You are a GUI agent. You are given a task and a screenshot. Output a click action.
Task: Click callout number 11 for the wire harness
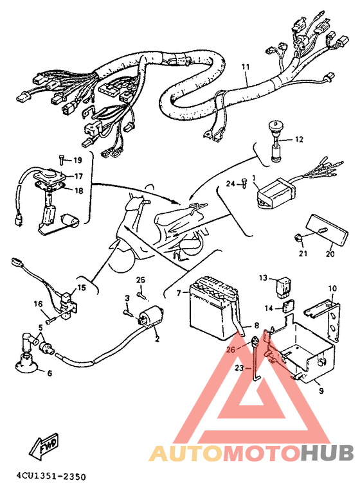(x=246, y=67)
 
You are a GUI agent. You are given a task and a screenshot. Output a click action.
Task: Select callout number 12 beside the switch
(x=299, y=139)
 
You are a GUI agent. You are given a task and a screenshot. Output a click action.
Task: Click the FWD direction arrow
(x=44, y=445)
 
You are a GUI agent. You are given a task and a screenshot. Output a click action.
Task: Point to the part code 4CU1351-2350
(x=51, y=477)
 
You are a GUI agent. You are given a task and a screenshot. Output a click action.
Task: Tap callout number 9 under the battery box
(x=321, y=391)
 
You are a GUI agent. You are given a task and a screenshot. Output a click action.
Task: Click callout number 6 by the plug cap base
(x=49, y=373)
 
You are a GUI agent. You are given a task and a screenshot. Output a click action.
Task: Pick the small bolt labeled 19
(x=62, y=159)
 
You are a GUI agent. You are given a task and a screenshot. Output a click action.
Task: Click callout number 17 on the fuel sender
(x=78, y=176)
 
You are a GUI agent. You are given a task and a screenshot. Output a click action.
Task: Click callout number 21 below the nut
(x=303, y=253)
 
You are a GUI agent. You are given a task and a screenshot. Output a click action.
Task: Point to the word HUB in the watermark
(x=327, y=453)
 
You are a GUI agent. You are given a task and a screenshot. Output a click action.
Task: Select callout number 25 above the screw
(x=141, y=279)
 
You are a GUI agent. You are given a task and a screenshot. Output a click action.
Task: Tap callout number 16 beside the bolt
(x=38, y=304)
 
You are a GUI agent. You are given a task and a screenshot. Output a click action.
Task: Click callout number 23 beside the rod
(x=239, y=367)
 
